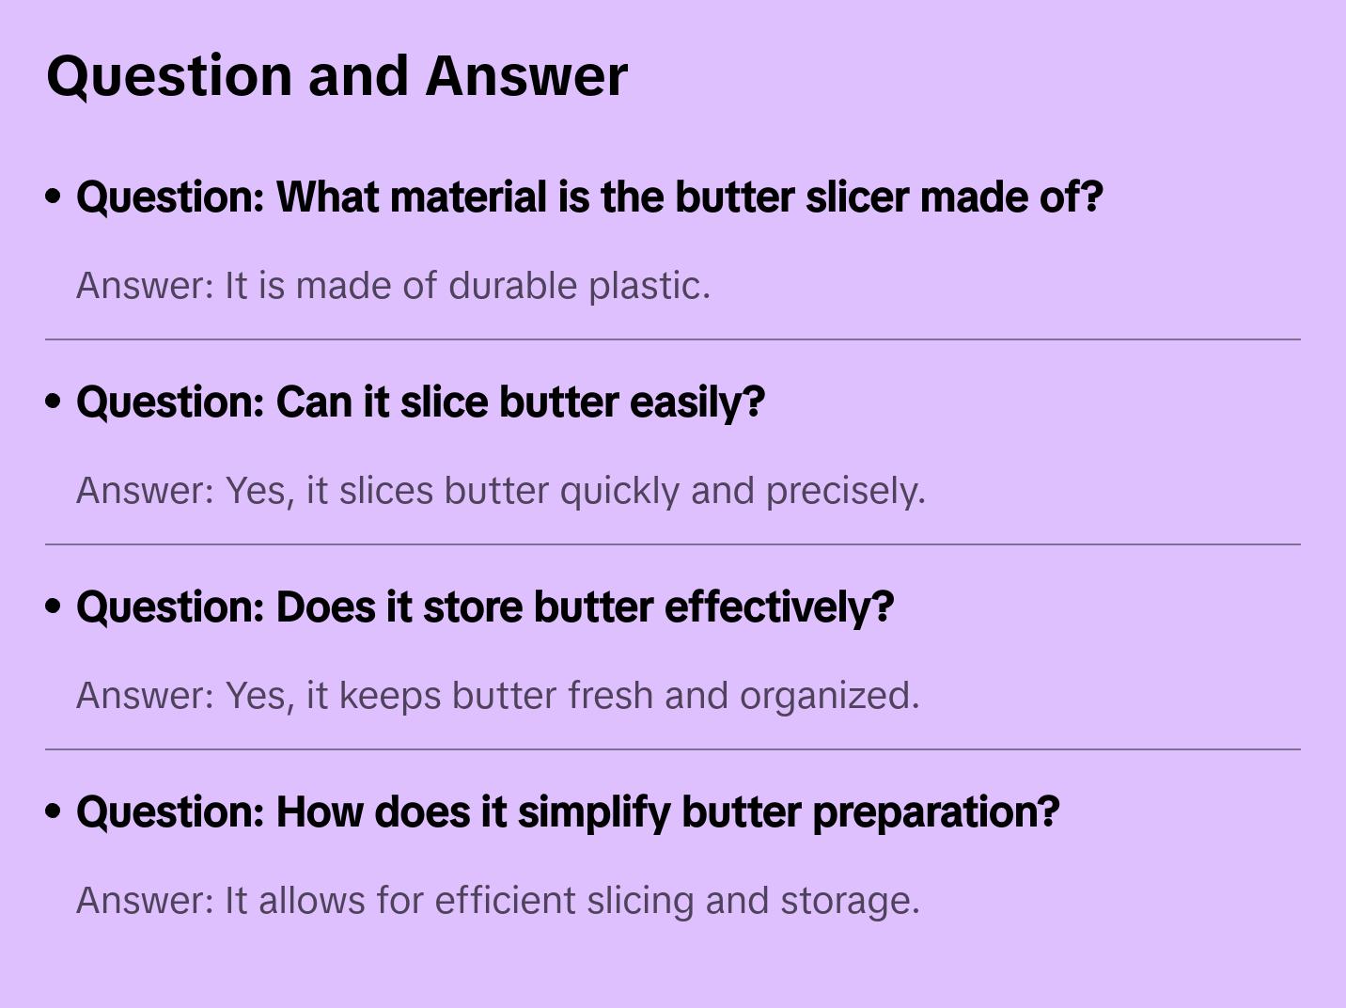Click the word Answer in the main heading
coord(526,75)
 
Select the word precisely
coord(845,491)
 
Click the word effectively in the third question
coord(778,607)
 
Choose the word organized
coord(829,696)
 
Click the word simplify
coord(594,812)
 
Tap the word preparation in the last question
coord(935,812)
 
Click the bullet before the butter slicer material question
coord(54,197)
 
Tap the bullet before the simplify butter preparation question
coord(54,812)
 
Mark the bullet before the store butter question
coord(54,607)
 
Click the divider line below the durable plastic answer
coord(673,339)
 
